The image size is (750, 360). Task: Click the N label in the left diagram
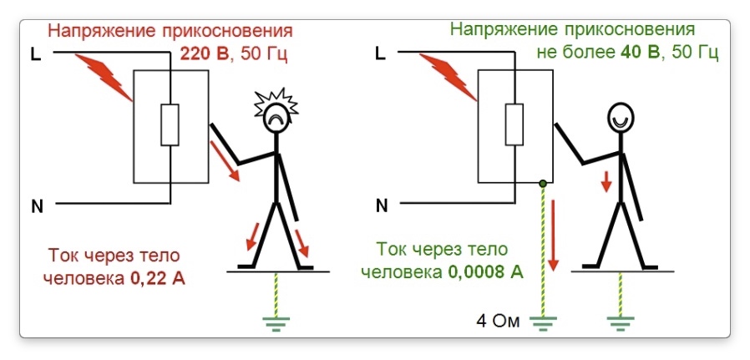(37, 206)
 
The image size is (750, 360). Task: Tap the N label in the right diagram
(382, 206)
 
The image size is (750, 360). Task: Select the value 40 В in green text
(640, 53)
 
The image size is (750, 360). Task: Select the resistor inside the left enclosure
(170, 125)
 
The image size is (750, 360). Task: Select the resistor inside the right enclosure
(514, 125)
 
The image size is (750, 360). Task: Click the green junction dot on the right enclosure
(543, 183)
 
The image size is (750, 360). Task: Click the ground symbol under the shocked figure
(276, 321)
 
